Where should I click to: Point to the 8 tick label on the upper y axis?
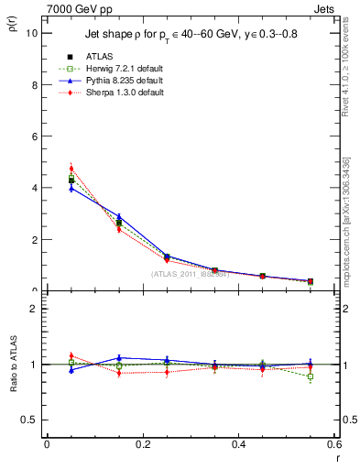pyautogui.click(x=34, y=84)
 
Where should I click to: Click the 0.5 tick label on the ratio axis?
pyautogui.click(x=30, y=420)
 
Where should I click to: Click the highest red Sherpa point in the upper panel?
pyautogui.click(x=71, y=169)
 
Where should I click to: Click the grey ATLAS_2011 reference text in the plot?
pyautogui.click(x=190, y=273)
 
